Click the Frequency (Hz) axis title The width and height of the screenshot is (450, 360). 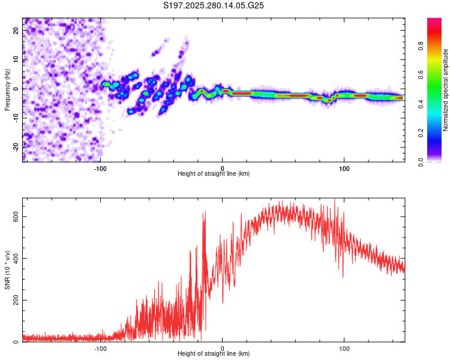click(7, 89)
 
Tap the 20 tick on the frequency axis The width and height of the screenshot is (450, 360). click(16, 32)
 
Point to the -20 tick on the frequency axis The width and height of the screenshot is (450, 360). click(16, 145)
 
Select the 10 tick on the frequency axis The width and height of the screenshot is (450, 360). click(16, 60)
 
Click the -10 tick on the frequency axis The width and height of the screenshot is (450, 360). click(16, 117)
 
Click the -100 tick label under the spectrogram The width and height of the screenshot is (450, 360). click(100, 167)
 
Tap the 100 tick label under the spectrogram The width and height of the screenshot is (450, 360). click(344, 167)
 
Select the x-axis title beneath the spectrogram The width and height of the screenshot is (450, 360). click(214, 174)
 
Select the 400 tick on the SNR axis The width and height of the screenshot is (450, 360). click(16, 258)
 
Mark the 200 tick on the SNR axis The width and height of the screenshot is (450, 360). click(16, 300)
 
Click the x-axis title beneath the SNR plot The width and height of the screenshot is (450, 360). click(214, 354)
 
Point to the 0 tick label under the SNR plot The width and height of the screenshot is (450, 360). click(223, 347)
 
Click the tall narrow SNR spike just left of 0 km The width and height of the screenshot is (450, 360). click(205, 214)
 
